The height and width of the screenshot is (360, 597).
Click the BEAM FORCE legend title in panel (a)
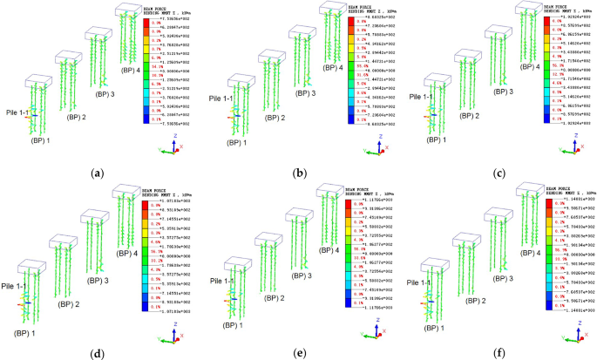pos(158,9)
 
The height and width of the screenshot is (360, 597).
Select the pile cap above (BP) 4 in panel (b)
pos(332,10)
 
